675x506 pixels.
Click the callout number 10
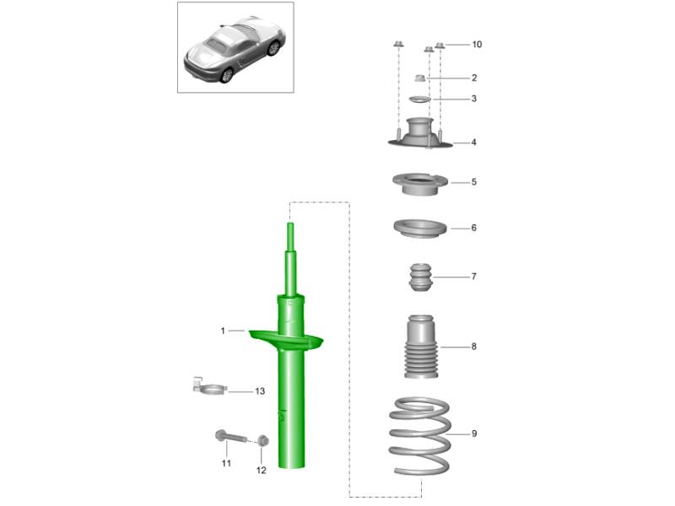pyautogui.click(x=477, y=45)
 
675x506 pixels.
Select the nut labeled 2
pyautogui.click(x=420, y=78)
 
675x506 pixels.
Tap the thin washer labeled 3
pyautogui.click(x=419, y=100)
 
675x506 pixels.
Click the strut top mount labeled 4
pyautogui.click(x=420, y=133)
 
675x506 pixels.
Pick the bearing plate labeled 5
pyautogui.click(x=419, y=183)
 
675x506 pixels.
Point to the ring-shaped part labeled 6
pyautogui.click(x=419, y=229)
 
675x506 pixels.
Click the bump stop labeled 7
pyautogui.click(x=420, y=277)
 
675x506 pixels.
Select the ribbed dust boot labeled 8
pyautogui.click(x=421, y=347)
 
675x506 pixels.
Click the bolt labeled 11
pyautogui.click(x=230, y=437)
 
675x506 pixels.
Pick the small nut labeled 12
pyautogui.click(x=263, y=440)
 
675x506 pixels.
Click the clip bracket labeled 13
pyautogui.click(x=208, y=386)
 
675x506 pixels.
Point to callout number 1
pyautogui.click(x=223, y=331)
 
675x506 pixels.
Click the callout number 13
pyautogui.click(x=260, y=391)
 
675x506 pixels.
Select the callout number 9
pyautogui.click(x=474, y=433)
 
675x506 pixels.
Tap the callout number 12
pyautogui.click(x=262, y=471)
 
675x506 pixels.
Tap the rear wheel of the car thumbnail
pyautogui.click(x=226, y=75)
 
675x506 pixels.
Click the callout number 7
pyautogui.click(x=474, y=277)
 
